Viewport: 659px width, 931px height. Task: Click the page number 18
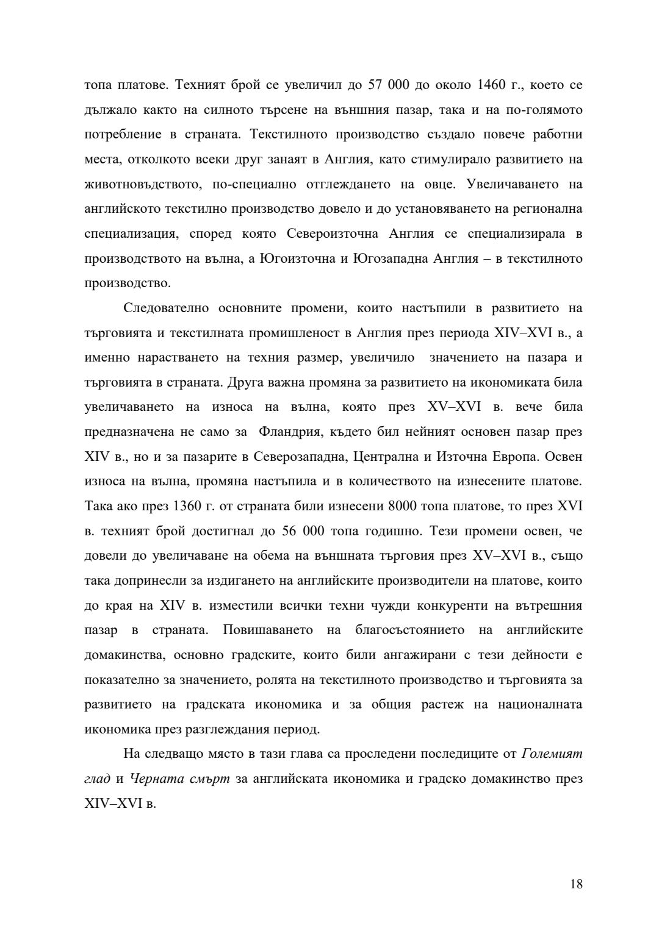576,884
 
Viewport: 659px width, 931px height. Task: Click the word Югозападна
390,259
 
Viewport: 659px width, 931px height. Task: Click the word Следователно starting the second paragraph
167,309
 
